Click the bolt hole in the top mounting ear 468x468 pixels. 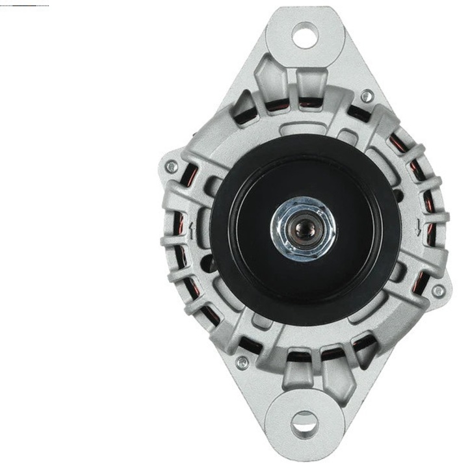pos(305,34)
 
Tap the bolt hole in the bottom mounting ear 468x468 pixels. pos(304,423)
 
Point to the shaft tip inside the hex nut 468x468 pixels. pos(303,229)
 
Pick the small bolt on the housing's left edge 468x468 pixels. pos(172,168)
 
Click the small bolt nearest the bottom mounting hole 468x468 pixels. pos(242,362)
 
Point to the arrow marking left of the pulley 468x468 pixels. pos(192,229)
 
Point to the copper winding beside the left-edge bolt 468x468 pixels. pos(191,175)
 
